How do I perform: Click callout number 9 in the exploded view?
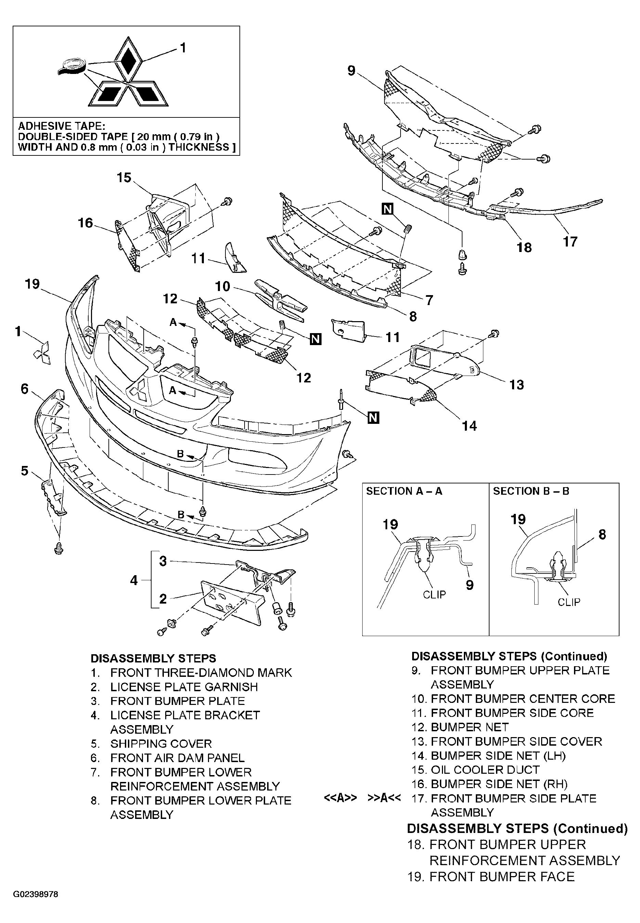[x=351, y=71]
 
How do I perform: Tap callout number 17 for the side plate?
[x=570, y=242]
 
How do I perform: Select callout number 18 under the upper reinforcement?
[x=524, y=247]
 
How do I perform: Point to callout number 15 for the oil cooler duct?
[x=124, y=177]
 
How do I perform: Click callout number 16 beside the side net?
[x=85, y=223]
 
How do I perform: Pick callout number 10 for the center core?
[x=223, y=286]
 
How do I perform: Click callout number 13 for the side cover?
[x=517, y=385]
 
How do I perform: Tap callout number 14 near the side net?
[x=469, y=426]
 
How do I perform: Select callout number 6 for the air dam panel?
[x=25, y=389]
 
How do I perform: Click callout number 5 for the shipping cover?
[x=25, y=470]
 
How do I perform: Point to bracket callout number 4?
[x=134, y=580]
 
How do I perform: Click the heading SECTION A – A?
[x=404, y=491]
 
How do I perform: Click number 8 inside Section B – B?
[x=602, y=534]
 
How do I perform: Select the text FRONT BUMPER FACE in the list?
[x=502, y=876]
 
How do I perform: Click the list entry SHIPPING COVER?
[x=161, y=744]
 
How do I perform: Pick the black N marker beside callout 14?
[x=373, y=418]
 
